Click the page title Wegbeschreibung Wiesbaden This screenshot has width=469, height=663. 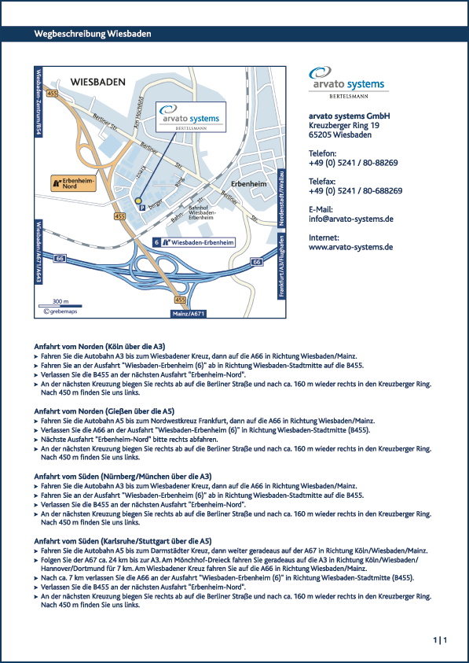point(93,34)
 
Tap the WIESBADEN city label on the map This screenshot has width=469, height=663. point(97,82)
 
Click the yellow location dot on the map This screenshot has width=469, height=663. point(138,201)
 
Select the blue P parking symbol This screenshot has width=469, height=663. point(142,208)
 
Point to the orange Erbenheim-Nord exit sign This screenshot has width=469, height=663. point(74,183)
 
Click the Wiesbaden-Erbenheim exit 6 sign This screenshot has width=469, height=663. point(193,242)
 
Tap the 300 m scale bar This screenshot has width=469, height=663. point(60,305)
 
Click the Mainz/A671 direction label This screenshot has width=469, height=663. point(189,314)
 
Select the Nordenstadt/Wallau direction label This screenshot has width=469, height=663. point(282,197)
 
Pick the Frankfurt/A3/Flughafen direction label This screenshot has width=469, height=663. point(282,266)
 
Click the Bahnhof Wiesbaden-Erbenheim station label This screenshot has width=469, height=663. point(202,212)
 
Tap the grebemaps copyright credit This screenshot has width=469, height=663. point(60,311)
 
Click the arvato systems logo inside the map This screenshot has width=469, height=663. point(191,116)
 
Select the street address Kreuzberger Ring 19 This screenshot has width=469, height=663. point(344,126)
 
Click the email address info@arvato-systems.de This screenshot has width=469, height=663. point(351,219)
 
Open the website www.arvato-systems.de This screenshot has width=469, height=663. point(350,247)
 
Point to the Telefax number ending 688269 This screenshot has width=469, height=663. point(355,190)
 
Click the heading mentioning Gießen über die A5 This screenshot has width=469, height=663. point(104,411)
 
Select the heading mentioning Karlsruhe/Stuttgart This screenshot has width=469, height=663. point(123,541)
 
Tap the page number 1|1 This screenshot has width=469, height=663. point(440,640)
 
